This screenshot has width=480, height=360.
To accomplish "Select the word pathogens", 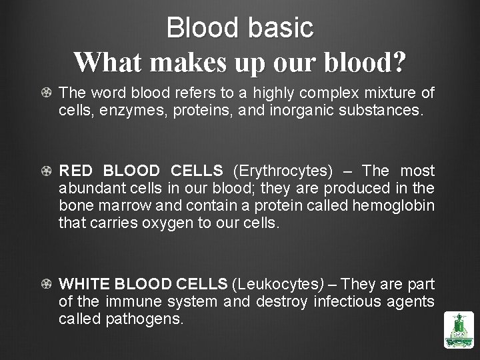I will click(x=143, y=319).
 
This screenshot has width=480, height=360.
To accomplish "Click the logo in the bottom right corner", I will click(x=458, y=331).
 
